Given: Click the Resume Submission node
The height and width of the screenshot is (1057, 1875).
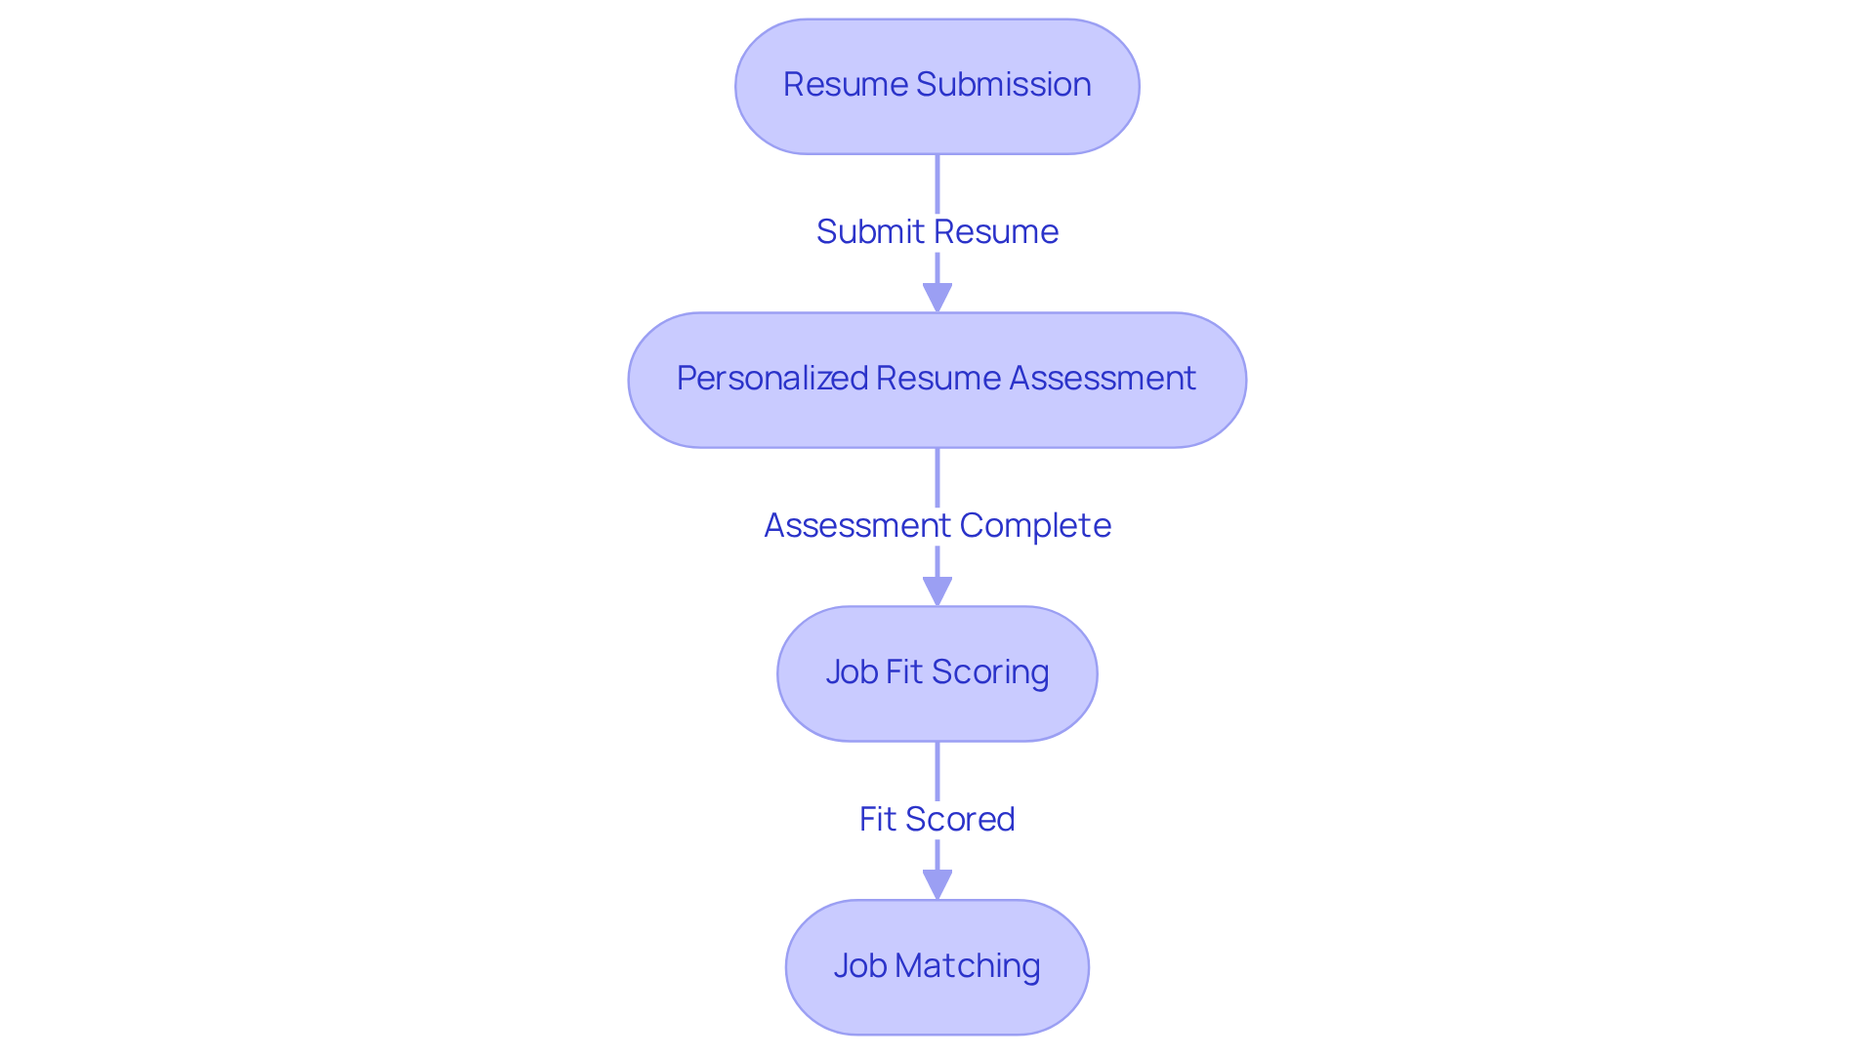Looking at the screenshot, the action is click(x=937, y=86).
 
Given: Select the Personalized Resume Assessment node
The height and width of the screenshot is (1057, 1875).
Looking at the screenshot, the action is click(x=937, y=380).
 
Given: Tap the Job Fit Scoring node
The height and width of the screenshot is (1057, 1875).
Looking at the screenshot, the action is click(x=937, y=673).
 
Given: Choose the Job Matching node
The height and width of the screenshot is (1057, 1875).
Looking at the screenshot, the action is click(x=937, y=967).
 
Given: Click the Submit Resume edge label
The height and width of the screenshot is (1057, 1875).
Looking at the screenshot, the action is click(x=937, y=232).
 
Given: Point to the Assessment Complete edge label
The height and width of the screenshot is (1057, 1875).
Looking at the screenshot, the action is click(x=937, y=526).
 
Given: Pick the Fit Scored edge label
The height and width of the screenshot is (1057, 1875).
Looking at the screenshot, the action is click(x=937, y=820).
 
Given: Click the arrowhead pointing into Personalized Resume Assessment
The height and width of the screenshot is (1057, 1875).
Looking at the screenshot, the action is click(x=937, y=298).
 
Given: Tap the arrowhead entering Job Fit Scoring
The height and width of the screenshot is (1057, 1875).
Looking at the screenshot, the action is click(x=937, y=591).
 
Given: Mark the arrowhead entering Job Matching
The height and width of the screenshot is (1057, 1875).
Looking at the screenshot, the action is click(x=937, y=885).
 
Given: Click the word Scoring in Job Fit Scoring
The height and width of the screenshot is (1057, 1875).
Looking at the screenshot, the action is click(x=990, y=672).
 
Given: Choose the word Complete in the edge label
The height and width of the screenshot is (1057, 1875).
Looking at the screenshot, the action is click(x=1035, y=526).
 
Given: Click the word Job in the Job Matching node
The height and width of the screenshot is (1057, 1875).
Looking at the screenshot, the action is click(x=859, y=966).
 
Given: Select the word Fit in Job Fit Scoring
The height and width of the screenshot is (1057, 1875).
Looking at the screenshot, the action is click(x=903, y=672).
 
